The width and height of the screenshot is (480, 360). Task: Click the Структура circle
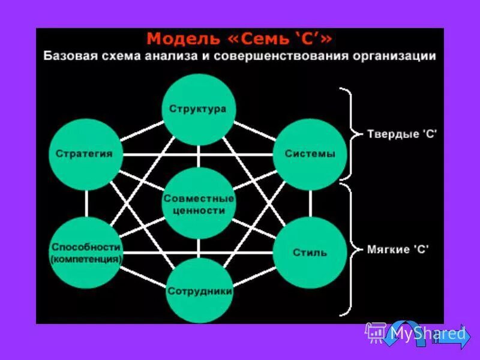[x=198, y=109]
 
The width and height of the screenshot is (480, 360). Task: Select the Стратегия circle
[x=85, y=154]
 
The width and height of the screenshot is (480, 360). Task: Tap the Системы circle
[x=310, y=154]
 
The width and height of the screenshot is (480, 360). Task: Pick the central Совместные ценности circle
[x=198, y=204]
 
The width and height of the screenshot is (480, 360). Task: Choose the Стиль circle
[x=310, y=252]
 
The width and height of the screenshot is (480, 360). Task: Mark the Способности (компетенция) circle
[x=86, y=253]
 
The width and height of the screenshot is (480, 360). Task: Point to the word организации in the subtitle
[x=397, y=57]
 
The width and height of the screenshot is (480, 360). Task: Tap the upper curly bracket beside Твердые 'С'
[x=347, y=134]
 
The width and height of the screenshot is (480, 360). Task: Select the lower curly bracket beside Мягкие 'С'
[x=347, y=249]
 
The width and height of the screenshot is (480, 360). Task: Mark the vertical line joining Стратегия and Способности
[x=86, y=203]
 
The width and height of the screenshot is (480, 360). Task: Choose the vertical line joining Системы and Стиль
[x=310, y=203]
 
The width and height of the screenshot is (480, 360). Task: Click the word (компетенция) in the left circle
[x=86, y=259]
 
